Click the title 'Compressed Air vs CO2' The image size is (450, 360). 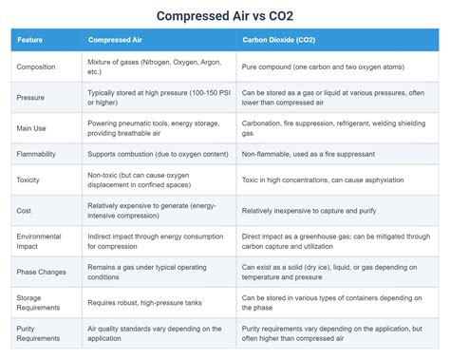coord(224,16)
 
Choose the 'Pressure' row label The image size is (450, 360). coord(32,97)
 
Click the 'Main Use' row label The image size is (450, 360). coord(34,127)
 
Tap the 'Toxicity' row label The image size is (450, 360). coord(30,179)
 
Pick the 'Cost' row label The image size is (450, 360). coord(25,210)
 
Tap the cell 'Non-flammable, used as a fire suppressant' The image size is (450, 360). coord(313,152)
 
